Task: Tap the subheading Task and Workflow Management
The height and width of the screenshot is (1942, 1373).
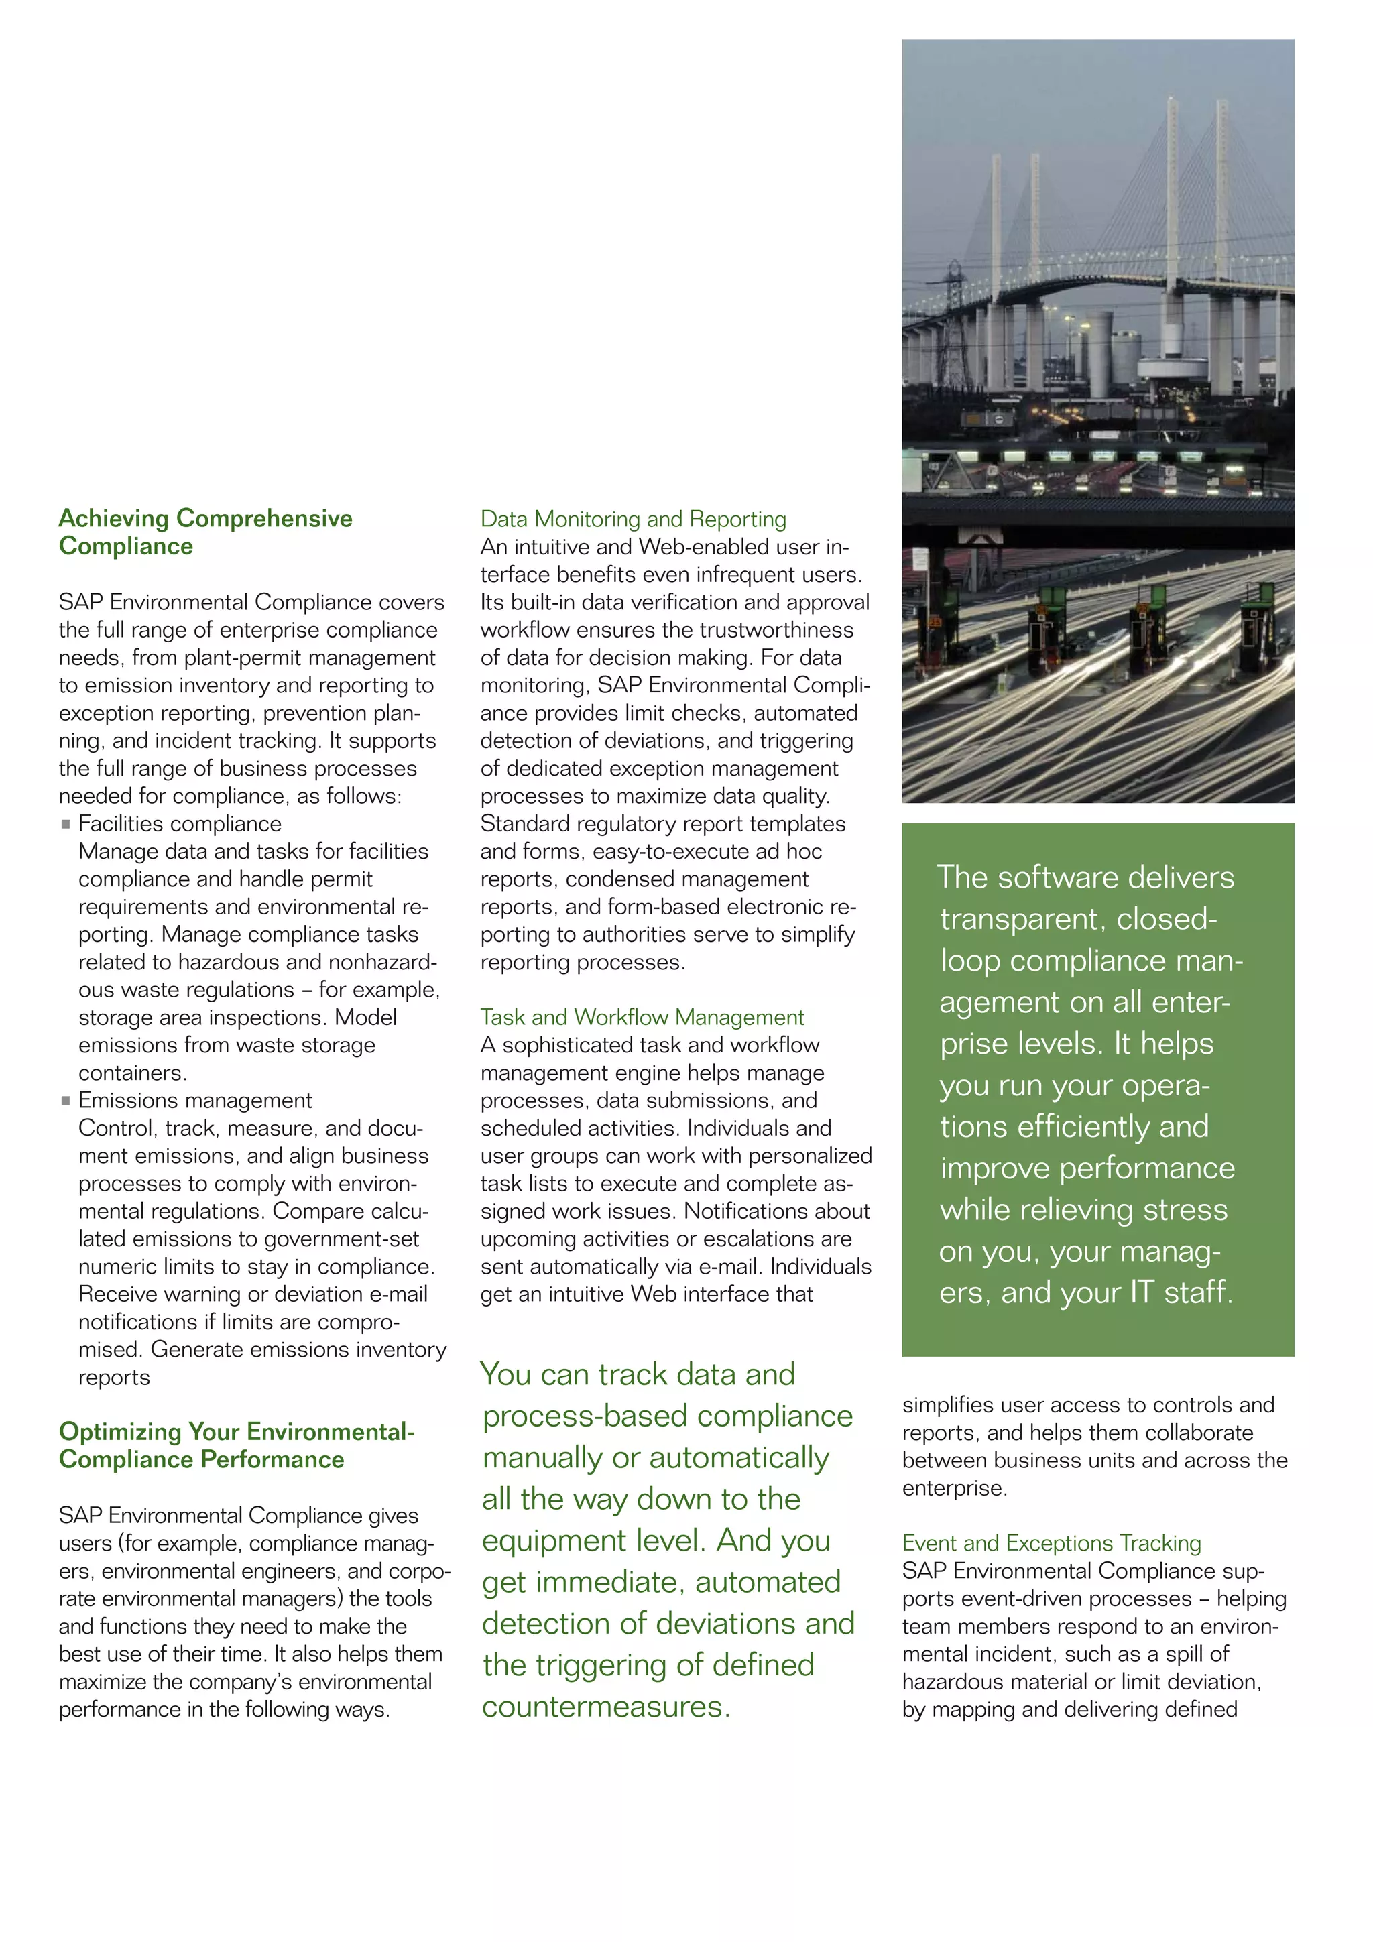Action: pos(642,1017)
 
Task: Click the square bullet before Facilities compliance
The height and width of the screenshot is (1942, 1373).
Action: pos(66,824)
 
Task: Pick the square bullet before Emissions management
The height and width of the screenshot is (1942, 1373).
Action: pos(66,1101)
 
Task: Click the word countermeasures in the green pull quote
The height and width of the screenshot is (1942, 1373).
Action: pos(605,1706)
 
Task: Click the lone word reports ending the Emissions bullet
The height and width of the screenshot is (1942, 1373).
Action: pos(114,1377)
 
